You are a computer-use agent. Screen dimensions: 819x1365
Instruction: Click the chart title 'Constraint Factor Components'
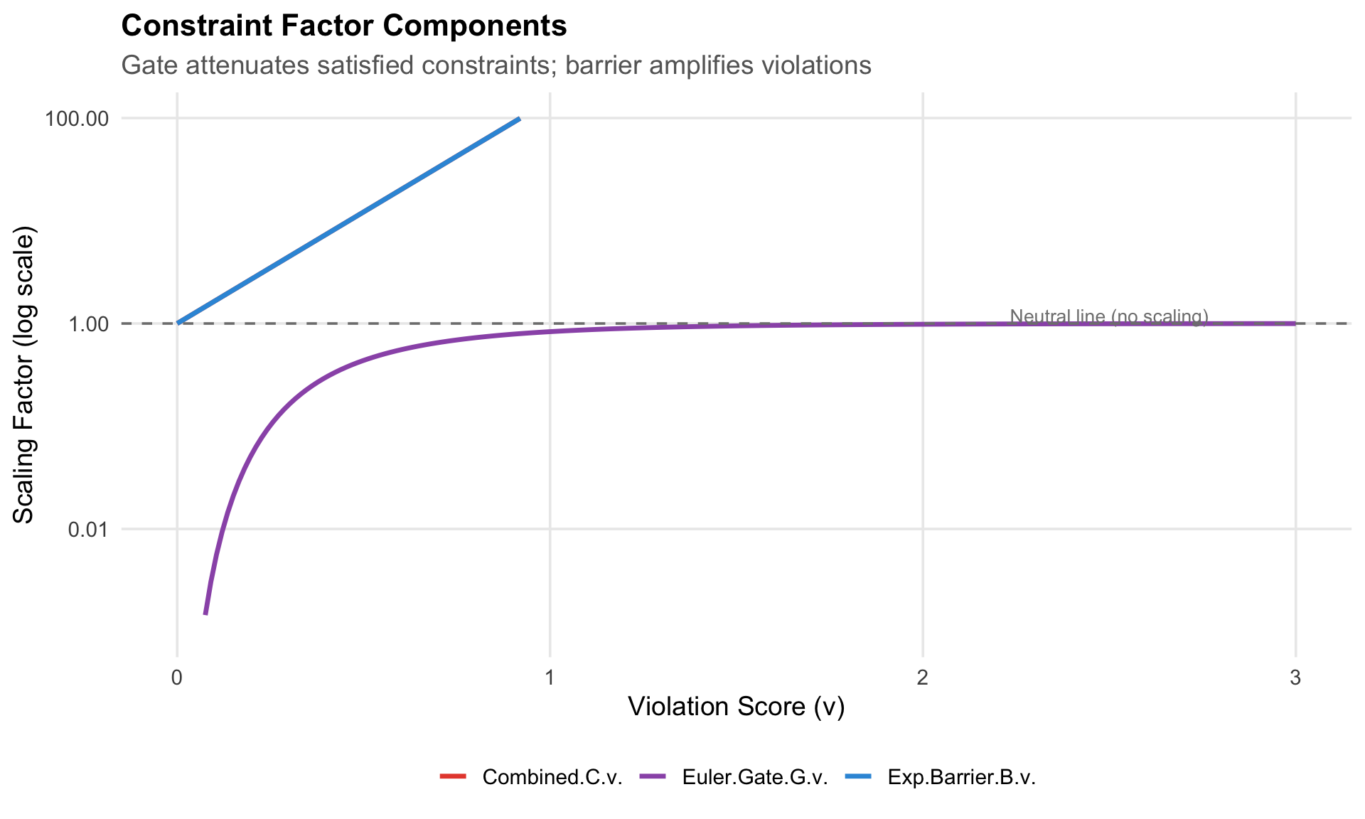[x=344, y=26]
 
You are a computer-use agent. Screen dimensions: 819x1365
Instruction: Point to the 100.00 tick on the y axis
[x=77, y=119]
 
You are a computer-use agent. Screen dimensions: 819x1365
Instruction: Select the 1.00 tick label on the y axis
[x=87, y=324]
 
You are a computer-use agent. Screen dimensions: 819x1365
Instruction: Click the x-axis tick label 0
[x=177, y=678]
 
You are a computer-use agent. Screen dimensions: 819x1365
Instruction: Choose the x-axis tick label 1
[x=550, y=678]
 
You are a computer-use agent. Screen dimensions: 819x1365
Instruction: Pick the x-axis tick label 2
[x=922, y=678]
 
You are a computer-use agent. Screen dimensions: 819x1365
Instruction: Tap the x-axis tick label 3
[x=1295, y=678]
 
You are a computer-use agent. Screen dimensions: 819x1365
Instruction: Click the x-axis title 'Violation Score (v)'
[x=736, y=707]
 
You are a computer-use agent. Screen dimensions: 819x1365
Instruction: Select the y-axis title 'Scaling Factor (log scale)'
[x=24, y=375]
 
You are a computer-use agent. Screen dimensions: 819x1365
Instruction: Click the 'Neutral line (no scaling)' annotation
[x=1108, y=316]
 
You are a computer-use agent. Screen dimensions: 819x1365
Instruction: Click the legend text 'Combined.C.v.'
[x=552, y=777]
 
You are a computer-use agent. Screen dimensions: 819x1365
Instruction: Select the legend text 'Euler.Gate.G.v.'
[x=754, y=777]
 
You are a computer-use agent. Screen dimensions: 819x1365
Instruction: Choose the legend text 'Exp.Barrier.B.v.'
[x=961, y=777]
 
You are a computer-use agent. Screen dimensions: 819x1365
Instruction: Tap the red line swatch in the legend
[x=453, y=776]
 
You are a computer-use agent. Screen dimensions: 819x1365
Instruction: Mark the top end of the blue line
[x=520, y=119]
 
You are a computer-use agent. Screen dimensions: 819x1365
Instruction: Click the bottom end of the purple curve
[x=205, y=614]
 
